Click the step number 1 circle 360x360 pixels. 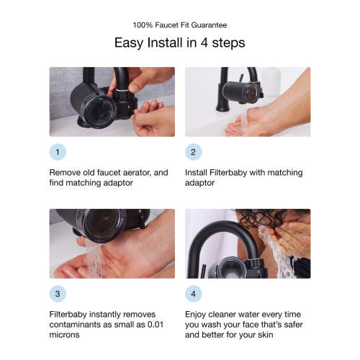[58, 153]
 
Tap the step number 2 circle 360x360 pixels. [194, 153]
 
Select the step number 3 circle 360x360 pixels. [58, 294]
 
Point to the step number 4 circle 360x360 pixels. [194, 294]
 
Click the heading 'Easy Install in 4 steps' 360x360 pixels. [180, 42]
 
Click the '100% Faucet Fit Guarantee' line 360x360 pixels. [180, 23]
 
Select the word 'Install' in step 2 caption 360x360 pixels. [198, 173]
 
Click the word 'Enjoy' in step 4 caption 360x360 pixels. [198, 315]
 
